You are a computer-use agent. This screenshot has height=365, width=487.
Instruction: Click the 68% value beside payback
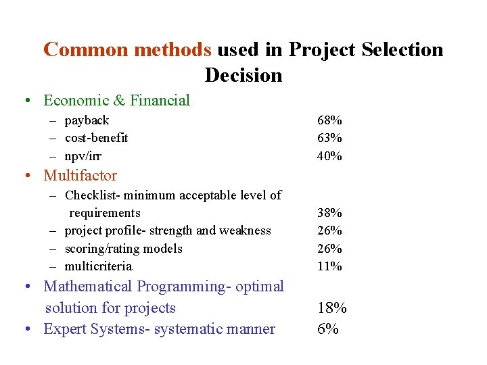click(x=329, y=120)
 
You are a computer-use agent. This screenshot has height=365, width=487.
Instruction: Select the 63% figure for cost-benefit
click(x=329, y=138)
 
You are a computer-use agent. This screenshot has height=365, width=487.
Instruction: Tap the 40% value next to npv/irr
click(x=329, y=156)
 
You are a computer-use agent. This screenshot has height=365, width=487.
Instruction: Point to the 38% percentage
click(x=329, y=213)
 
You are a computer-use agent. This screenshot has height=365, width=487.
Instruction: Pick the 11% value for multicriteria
click(x=329, y=266)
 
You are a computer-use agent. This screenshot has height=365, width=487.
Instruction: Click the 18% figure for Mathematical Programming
click(x=332, y=308)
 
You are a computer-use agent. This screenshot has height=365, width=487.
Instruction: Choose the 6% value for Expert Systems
click(x=328, y=329)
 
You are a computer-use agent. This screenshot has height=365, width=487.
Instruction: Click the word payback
click(x=87, y=120)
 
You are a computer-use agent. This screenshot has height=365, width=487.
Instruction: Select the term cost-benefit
click(x=96, y=138)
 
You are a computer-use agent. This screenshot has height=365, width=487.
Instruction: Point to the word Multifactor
click(x=80, y=176)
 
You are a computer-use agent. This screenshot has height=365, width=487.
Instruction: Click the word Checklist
click(x=89, y=195)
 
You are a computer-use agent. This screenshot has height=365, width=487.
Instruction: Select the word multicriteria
click(x=98, y=266)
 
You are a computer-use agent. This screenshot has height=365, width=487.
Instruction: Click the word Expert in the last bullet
click(x=64, y=329)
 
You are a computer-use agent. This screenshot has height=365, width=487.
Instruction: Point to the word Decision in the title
click(x=243, y=75)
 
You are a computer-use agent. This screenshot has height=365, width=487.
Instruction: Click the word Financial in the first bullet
click(x=160, y=101)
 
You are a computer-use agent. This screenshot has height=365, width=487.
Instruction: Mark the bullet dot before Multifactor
click(x=25, y=176)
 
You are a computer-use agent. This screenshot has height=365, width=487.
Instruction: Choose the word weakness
click(x=248, y=230)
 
